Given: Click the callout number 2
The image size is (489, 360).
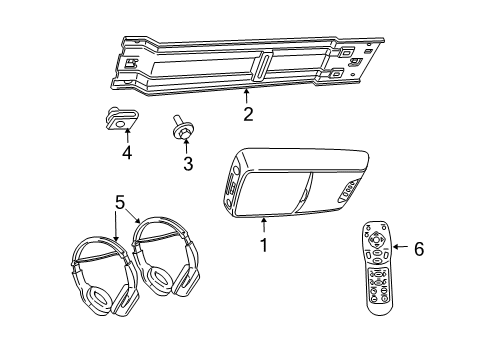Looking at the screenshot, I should pos(245,114).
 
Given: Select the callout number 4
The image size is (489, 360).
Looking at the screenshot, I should pos(126,153).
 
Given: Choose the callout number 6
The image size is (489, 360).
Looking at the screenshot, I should pos(418,249).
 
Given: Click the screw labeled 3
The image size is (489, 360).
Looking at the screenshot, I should pos(181,125).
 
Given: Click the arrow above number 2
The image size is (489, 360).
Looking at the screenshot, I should pos(245,97).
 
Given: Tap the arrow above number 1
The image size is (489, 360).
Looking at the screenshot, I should pos(263,225).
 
